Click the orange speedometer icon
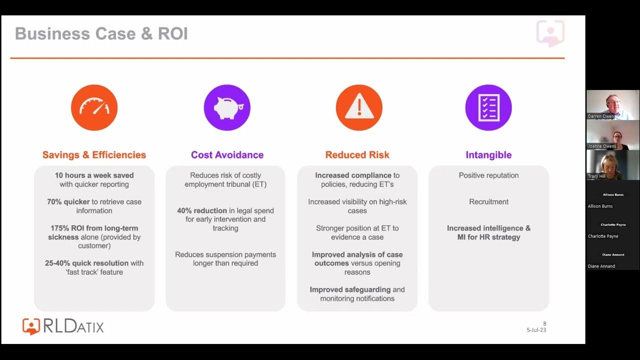tap(94, 107)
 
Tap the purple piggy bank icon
tap(227, 107)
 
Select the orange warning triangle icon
tap(359, 107)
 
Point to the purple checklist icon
tap(488, 107)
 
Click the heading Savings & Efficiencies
tap(94, 155)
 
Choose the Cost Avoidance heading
tap(227, 155)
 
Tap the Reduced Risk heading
tap(357, 155)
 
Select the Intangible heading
tap(488, 155)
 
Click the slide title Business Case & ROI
tap(101, 34)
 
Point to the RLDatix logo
tap(63, 326)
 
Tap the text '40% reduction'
tap(202, 211)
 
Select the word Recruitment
tap(488, 202)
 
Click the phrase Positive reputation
tap(488, 175)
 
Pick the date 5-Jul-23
tap(536, 330)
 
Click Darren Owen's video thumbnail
tap(612, 104)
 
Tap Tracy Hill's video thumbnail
tap(612, 164)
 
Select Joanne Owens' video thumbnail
tap(612, 134)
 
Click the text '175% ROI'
tap(66, 228)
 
